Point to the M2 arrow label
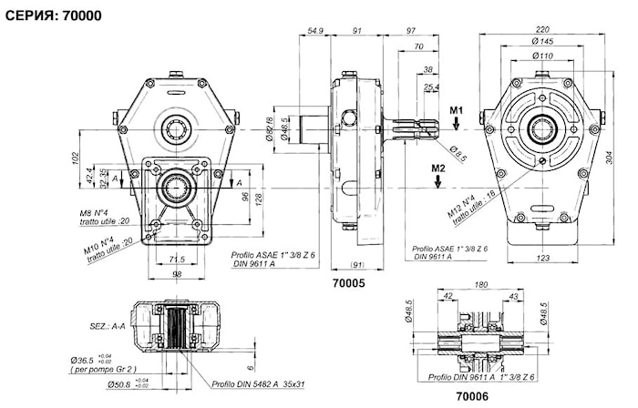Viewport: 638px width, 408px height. click(438, 168)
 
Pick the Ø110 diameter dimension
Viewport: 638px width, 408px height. click(544, 56)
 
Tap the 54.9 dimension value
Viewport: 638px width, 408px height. click(314, 31)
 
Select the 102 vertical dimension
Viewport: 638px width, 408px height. click(76, 156)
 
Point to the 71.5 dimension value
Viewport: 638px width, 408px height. click(178, 260)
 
